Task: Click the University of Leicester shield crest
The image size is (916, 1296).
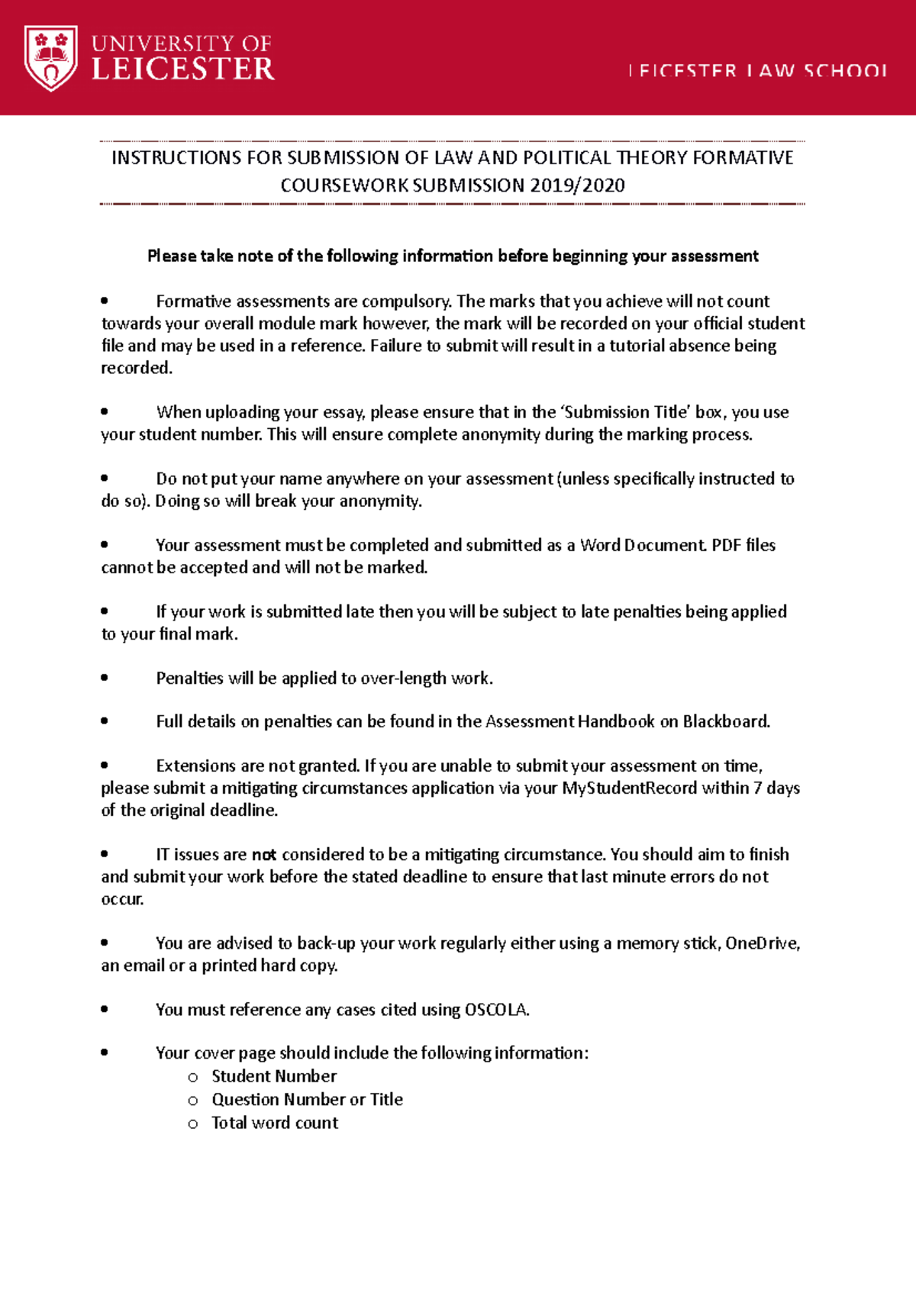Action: tap(50, 57)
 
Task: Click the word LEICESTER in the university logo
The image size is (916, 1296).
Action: tap(182, 69)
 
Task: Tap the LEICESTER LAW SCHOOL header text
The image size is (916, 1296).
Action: tap(757, 71)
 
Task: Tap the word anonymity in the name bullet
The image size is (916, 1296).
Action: tap(379, 501)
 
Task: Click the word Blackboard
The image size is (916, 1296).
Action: tap(725, 722)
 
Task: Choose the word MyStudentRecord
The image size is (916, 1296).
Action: tap(629, 788)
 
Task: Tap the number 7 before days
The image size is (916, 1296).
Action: tap(757, 788)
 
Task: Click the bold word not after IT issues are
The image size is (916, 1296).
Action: tap(264, 855)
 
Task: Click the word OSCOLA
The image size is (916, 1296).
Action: tap(496, 1010)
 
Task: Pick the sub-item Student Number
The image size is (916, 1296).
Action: tap(274, 1076)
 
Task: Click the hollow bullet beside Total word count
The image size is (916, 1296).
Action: tap(193, 1124)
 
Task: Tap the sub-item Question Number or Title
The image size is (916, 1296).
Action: tap(307, 1100)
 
